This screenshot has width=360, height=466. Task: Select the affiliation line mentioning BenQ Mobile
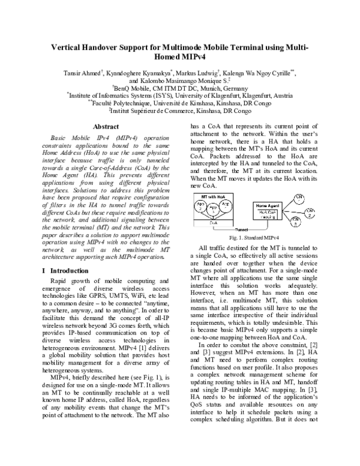[x=180, y=88]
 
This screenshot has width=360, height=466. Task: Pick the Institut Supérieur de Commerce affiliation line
[x=180, y=110]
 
